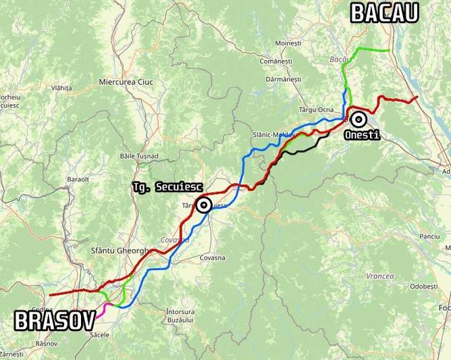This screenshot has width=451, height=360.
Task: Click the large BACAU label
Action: (x=384, y=12)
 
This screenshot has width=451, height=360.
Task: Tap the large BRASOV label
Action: (x=54, y=320)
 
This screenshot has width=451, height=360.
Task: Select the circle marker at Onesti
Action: (x=359, y=120)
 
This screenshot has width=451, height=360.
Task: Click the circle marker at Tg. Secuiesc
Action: (x=203, y=205)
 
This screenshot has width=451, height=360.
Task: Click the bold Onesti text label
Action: (x=362, y=135)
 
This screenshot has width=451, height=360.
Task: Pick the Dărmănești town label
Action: (x=283, y=79)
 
